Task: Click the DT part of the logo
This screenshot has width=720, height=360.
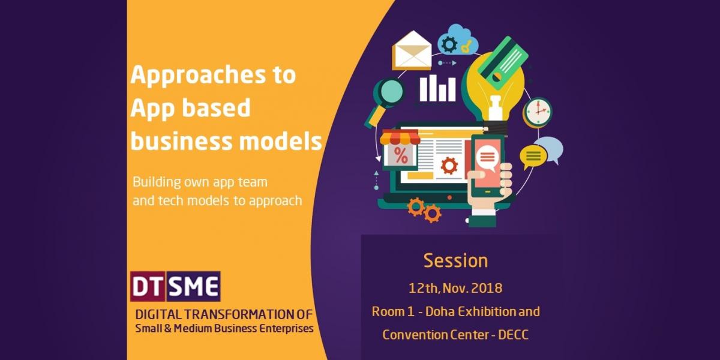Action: point(148,286)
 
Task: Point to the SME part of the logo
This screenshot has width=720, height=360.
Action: point(193,286)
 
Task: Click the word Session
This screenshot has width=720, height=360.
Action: point(455,260)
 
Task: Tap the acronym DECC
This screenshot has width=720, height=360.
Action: point(514,335)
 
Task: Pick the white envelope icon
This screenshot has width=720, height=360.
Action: point(412,50)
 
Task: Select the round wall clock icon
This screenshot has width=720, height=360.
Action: point(538,111)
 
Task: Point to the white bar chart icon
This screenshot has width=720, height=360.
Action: point(437,88)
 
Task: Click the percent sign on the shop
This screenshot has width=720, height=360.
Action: point(401,155)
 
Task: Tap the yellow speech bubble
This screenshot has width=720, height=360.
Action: point(533,157)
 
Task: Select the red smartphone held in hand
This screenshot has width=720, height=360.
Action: point(487,166)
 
